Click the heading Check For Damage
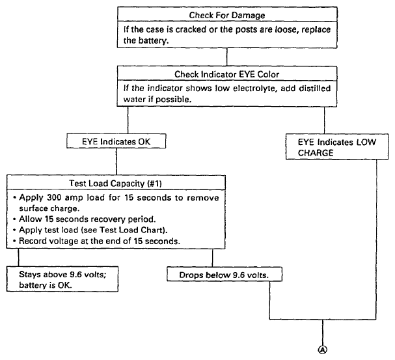[x=227, y=16]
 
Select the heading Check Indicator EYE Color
[x=226, y=75]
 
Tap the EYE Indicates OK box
[x=116, y=141]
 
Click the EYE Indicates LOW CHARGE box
[x=337, y=146]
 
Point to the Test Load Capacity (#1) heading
[x=116, y=183]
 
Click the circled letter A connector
[x=323, y=350]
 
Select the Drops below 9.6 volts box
[x=225, y=274]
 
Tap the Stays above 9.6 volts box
[x=62, y=279]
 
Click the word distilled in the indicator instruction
[x=315, y=89]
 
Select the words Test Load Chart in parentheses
[x=132, y=230]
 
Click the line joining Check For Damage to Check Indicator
[x=227, y=57]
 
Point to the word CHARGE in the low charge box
[x=316, y=153]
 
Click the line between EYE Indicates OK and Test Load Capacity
[x=116, y=161]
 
